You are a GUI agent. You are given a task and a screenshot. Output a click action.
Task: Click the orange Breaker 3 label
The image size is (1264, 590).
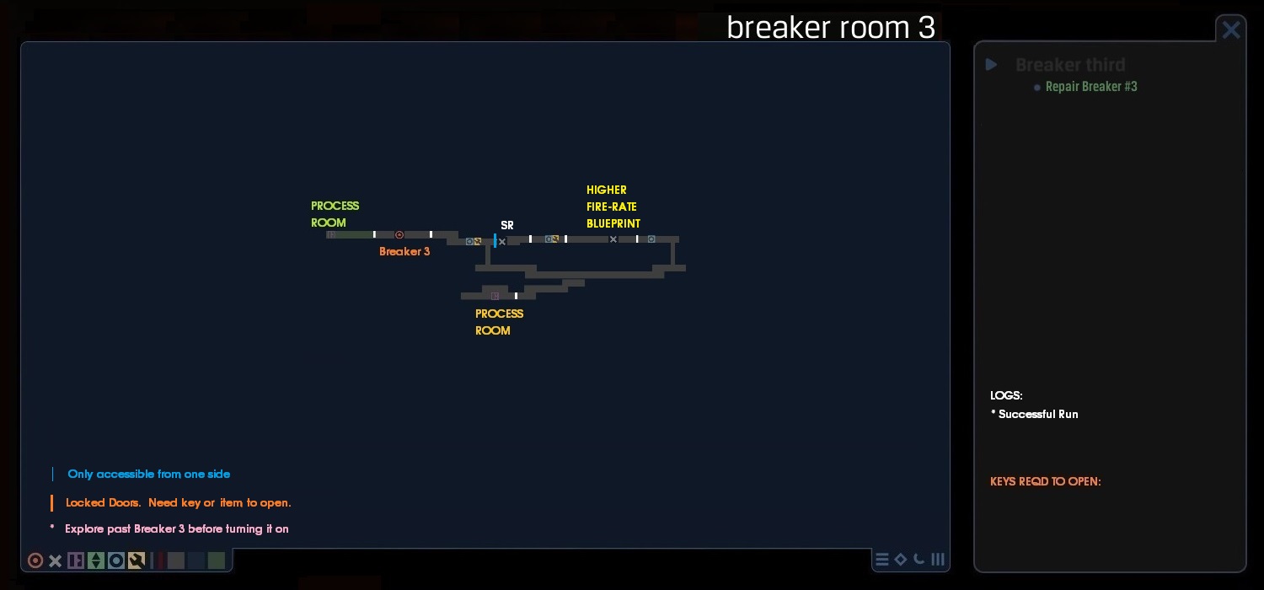coord(404,252)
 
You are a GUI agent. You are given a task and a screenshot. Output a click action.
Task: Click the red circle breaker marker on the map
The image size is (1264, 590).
coord(399,235)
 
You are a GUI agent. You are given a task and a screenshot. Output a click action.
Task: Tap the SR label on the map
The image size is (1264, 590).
coord(507,226)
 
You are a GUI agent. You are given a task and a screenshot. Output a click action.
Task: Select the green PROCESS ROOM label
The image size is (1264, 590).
coord(335,214)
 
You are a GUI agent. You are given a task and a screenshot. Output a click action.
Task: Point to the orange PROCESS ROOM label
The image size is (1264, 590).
coord(499,322)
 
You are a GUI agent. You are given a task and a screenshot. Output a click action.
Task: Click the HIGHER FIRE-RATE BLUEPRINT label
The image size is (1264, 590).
coord(613,206)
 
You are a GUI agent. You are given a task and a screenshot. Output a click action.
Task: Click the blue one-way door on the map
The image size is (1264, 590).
coord(495,240)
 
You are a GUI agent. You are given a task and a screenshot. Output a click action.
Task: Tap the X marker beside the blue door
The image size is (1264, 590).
coord(502,242)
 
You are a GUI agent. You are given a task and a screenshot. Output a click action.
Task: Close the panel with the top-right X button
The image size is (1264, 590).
coord(1231,29)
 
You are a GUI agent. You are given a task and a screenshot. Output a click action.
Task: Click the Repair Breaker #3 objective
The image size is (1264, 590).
coord(1090,87)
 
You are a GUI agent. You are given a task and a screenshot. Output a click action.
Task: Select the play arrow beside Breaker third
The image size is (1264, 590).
coord(992,65)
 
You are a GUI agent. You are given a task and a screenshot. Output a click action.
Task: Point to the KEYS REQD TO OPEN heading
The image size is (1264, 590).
coord(1045,482)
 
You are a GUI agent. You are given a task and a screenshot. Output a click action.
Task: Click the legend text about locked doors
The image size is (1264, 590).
coord(178,503)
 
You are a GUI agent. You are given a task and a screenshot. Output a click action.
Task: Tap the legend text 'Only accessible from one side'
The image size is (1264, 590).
coord(148,475)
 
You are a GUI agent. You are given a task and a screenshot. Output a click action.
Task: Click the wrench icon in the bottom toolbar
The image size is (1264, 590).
coord(137,560)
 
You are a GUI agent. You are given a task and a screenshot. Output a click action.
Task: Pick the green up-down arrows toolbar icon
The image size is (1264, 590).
coord(96,560)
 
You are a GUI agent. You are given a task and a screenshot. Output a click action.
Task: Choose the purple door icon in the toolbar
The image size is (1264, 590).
coord(76,560)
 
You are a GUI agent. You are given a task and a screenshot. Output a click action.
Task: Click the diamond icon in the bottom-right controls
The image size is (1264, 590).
coord(901,559)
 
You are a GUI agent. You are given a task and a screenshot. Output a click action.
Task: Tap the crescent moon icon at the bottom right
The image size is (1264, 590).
coord(919,559)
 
